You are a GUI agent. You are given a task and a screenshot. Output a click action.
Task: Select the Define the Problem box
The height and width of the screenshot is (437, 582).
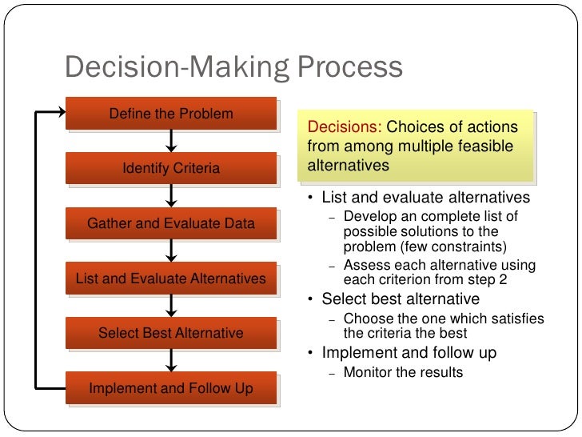(171, 114)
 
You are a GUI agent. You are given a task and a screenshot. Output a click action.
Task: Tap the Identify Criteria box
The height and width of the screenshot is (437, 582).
(171, 169)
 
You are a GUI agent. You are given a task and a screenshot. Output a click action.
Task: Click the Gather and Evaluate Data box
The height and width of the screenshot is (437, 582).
(171, 224)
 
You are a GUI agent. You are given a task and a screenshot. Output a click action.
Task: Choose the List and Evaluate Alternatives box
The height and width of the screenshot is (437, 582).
(171, 279)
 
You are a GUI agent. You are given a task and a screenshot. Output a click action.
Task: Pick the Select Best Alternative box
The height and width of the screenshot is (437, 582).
(171, 333)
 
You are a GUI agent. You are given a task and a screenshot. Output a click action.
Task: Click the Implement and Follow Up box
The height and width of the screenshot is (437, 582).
(171, 389)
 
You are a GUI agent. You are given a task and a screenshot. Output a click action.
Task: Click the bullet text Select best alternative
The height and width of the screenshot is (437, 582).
(401, 299)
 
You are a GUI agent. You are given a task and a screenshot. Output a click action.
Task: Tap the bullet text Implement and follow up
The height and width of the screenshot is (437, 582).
(409, 353)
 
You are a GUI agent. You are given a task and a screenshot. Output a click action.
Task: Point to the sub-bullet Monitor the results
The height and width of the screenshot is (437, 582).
(403, 372)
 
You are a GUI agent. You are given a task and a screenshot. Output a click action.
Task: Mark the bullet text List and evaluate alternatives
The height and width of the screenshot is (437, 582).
(425, 198)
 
